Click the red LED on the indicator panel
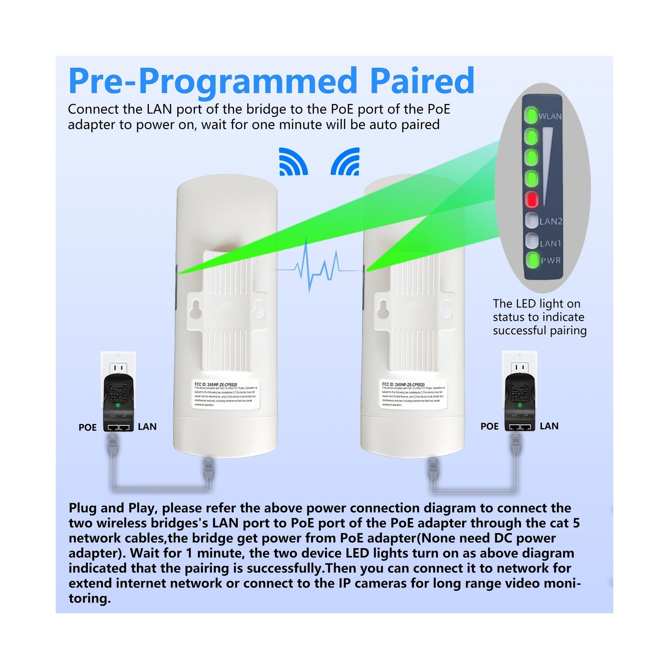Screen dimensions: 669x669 [531, 199]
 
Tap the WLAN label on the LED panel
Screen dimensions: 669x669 [550, 116]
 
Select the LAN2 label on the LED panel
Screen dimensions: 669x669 [550, 221]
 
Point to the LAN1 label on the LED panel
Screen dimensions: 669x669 [550, 243]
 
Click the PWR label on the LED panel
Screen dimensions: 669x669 [551, 260]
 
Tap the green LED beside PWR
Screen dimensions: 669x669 [532, 260]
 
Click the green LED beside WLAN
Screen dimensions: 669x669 [531, 115]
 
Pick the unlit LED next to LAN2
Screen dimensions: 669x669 [532, 220]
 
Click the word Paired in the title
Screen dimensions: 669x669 [422, 80]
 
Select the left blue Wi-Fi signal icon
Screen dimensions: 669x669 [293, 162]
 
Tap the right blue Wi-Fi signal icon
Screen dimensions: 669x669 [346, 162]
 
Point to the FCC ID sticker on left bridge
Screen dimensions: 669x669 [226, 394]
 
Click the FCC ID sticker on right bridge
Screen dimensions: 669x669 [414, 394]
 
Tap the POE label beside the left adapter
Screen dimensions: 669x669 [87, 427]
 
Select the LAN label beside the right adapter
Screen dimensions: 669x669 [549, 426]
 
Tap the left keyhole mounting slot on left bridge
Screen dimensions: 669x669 [195, 310]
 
